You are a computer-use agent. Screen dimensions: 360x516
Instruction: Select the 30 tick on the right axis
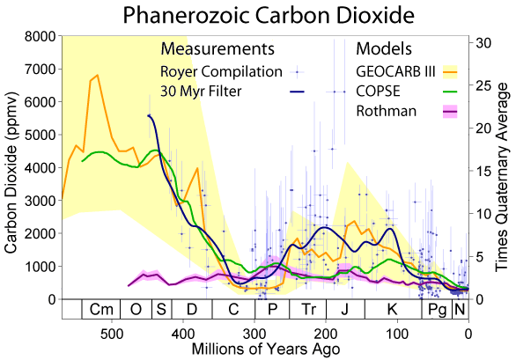tap(483, 41)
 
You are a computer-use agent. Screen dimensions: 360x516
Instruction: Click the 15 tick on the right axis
tap(483, 171)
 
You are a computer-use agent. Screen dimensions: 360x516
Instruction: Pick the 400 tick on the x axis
tap(183, 333)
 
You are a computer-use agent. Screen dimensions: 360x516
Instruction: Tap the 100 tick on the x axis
tap(398, 333)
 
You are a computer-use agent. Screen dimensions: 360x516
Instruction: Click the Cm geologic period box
tap(102, 310)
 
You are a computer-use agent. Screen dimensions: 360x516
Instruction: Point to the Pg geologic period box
tap(437, 310)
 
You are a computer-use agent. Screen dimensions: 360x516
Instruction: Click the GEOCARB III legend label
tap(395, 70)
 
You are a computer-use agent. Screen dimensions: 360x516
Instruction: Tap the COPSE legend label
tap(380, 91)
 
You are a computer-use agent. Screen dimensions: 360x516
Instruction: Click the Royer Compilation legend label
tap(220, 70)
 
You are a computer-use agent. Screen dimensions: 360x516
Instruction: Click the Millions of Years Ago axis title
tap(264, 350)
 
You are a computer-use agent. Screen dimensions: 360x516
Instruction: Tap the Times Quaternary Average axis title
tap(505, 167)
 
